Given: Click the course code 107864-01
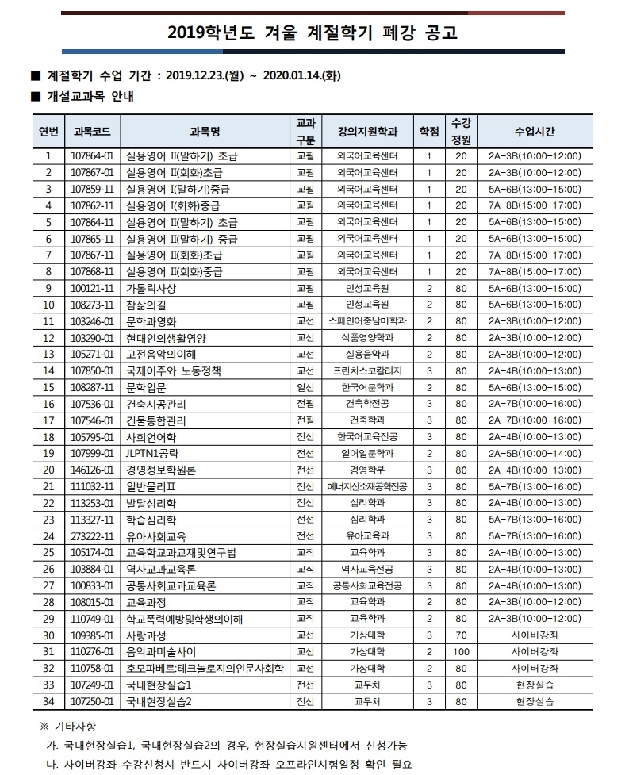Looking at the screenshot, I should coord(93,155).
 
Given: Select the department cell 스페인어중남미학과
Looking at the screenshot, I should coord(366,320).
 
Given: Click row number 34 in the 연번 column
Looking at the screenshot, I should coord(48,700).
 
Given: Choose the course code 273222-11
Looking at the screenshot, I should coord(93,535).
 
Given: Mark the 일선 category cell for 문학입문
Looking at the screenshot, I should coord(305,387).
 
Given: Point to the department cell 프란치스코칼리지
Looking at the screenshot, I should coord(366,370).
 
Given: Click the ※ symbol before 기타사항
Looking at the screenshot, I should coord(43,727).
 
